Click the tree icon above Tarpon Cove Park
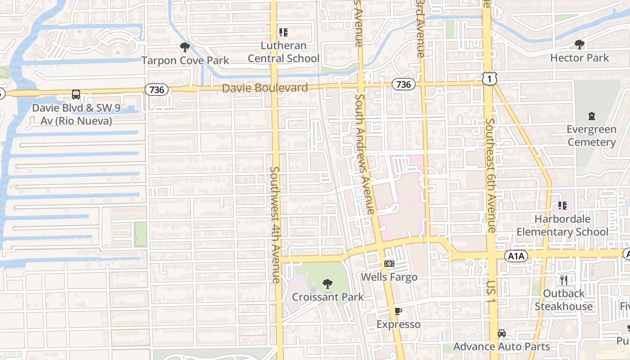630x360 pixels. tap(184, 47)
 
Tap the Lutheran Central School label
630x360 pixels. tap(283, 52)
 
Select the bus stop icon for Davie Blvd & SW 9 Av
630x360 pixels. tap(76, 94)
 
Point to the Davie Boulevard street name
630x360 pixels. tap(265, 88)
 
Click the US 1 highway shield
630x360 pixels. tap(489, 79)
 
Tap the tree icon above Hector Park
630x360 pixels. tap(580, 44)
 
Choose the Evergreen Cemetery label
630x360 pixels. tap(591, 136)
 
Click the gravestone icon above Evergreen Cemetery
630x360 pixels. tap(592, 116)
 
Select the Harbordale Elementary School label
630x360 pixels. tap(562, 225)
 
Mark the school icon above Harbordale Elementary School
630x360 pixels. tap(562, 206)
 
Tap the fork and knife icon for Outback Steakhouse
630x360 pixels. tap(564, 280)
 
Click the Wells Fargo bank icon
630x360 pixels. tap(389, 264)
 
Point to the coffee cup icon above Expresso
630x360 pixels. tap(398, 311)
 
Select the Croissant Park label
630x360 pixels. tap(328, 297)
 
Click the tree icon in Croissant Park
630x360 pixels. tap(328, 284)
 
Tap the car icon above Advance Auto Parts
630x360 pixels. tap(502, 333)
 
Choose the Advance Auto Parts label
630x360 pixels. tap(501, 346)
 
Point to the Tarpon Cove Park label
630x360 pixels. tap(185, 60)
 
